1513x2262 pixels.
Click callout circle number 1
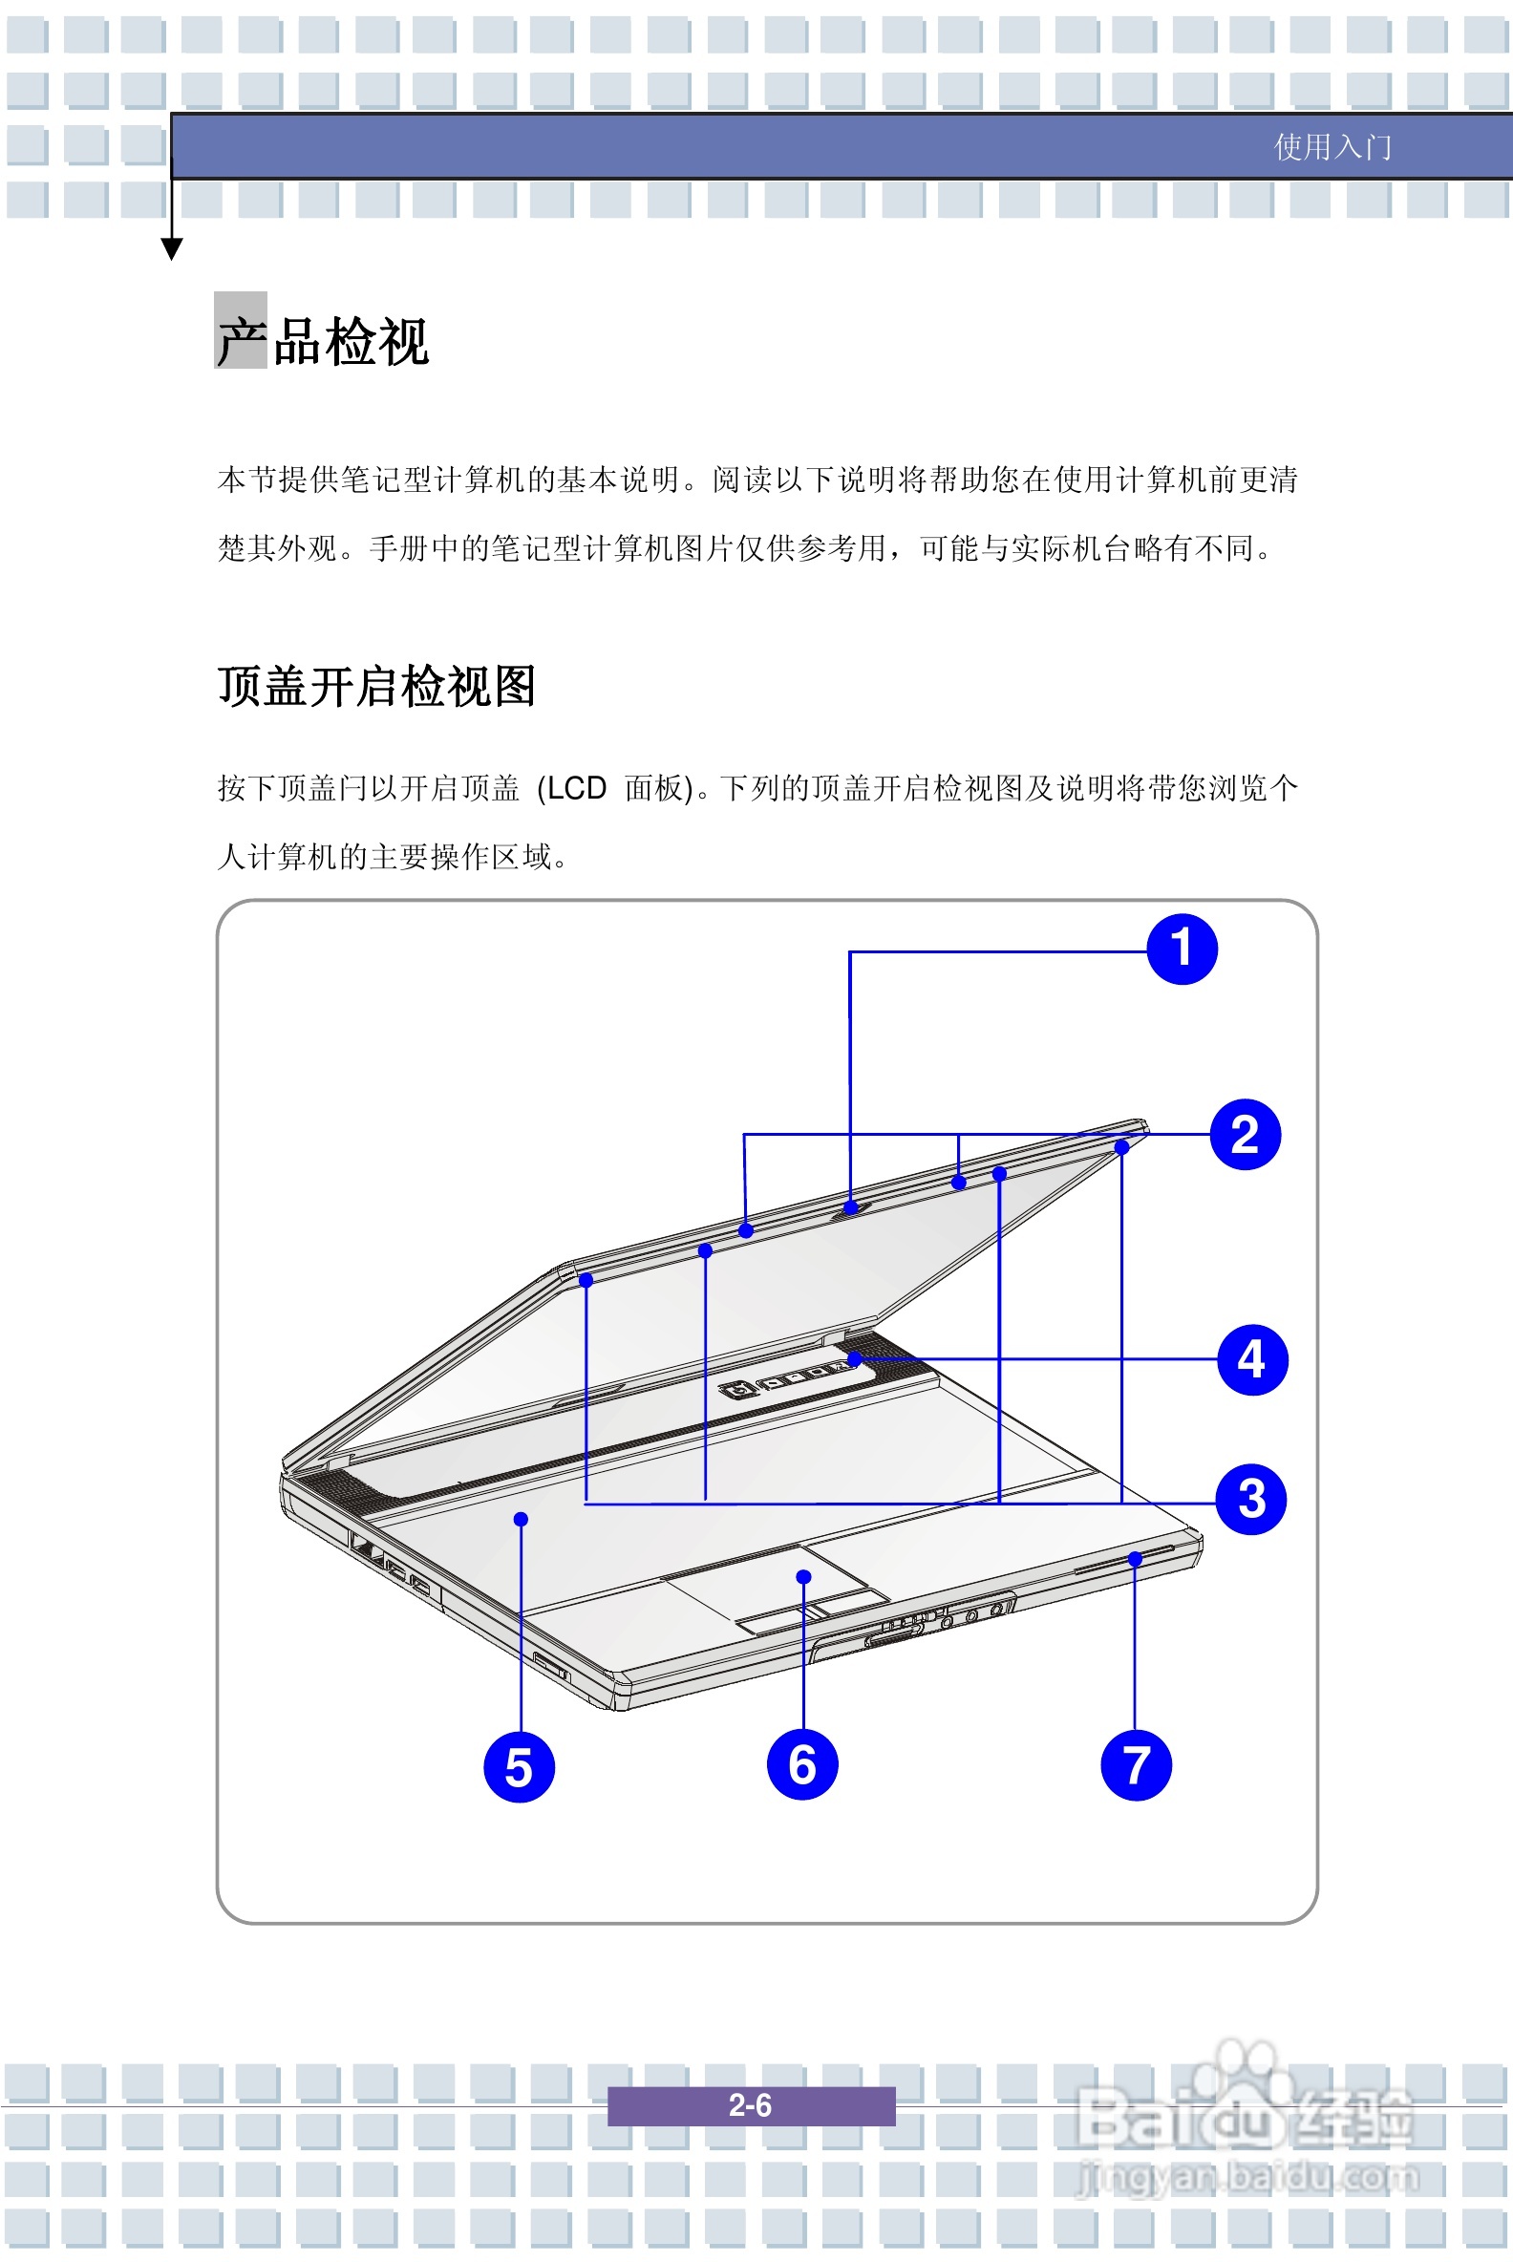(x=1181, y=950)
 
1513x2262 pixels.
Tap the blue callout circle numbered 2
(x=1245, y=1135)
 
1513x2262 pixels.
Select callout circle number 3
(x=1250, y=1500)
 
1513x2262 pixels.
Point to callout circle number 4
(x=1251, y=1359)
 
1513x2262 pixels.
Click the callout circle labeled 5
(x=519, y=1767)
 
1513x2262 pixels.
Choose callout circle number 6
(x=801, y=1765)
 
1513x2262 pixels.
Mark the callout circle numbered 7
(x=1136, y=1765)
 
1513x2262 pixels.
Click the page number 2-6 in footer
(x=750, y=2105)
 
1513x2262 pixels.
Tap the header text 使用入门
(x=1332, y=147)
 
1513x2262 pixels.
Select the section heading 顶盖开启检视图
(x=376, y=687)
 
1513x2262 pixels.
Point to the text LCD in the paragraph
(x=576, y=788)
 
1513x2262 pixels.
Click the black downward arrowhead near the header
(x=172, y=250)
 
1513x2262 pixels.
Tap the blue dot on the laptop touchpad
(x=802, y=1577)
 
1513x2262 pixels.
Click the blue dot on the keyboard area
(x=522, y=1519)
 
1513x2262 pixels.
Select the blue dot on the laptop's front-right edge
(x=1135, y=1559)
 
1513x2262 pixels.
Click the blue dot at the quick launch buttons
(x=854, y=1358)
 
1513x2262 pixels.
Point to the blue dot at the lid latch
(x=850, y=1207)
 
